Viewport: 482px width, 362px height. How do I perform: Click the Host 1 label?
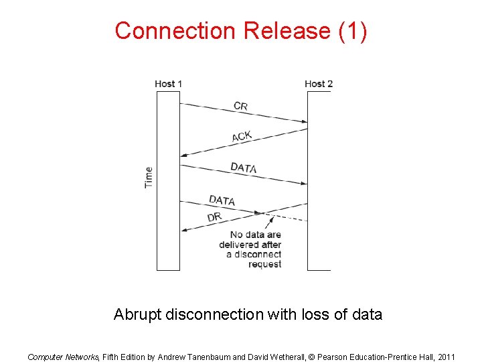[168, 84]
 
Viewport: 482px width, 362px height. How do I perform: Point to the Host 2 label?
[318, 84]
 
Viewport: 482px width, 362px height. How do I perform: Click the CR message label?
[240, 106]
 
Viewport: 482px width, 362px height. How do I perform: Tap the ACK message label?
[242, 137]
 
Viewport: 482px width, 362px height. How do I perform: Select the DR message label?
[214, 217]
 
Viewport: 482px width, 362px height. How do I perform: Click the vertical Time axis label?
[149, 177]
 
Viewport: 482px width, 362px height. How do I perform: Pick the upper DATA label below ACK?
[243, 168]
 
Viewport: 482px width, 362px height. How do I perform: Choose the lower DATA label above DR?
[222, 200]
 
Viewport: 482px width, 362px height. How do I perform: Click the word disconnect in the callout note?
[258, 254]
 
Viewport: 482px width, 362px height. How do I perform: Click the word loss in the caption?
[310, 314]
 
